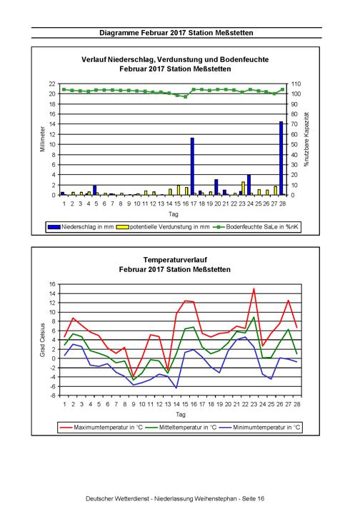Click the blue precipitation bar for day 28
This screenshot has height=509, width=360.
tap(281, 158)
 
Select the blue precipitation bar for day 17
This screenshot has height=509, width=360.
tap(192, 166)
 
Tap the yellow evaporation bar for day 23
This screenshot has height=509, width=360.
tap(243, 188)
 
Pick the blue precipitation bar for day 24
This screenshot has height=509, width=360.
tap(249, 185)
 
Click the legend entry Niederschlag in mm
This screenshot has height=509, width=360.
tap(81, 227)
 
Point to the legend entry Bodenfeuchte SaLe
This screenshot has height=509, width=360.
tap(256, 227)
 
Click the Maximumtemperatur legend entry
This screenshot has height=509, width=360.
tap(101, 428)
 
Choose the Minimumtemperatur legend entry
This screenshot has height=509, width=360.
tap(259, 428)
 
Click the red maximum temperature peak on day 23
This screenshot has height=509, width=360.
tap(254, 288)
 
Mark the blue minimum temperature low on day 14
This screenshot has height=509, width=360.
tap(176, 388)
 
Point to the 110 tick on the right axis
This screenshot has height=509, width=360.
tap(296, 84)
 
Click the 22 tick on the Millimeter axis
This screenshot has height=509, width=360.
tap(52, 84)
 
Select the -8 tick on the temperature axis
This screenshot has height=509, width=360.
tap(52, 395)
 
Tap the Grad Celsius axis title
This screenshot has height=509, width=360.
tap(43, 340)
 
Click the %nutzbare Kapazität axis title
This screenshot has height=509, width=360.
tap(306, 140)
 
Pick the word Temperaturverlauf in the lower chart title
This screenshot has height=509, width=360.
tap(175, 260)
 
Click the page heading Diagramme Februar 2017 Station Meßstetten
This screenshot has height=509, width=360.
tap(176, 33)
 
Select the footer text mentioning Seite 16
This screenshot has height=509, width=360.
tap(175, 498)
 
